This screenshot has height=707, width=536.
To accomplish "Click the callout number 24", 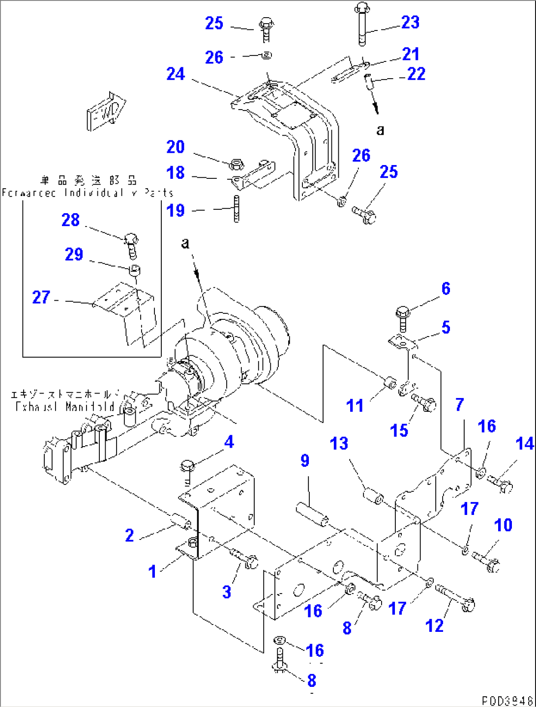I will click(x=176, y=74).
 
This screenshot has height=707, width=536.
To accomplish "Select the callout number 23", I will click(x=410, y=22).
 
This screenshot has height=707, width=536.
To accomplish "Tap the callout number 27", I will click(x=41, y=297).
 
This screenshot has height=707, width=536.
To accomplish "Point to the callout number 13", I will click(x=339, y=444).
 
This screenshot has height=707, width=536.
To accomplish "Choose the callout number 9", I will click(x=305, y=460).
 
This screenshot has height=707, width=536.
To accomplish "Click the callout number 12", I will click(x=434, y=625).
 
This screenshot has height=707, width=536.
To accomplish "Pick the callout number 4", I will click(x=229, y=442).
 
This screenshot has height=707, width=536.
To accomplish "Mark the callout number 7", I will click(x=459, y=404).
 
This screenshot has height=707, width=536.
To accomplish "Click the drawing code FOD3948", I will click(x=507, y=700).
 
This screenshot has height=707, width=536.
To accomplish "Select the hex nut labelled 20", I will click(x=235, y=163).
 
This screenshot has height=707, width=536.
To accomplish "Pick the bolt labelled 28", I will click(x=131, y=244).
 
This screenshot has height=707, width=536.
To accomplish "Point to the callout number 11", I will click(x=355, y=406).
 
